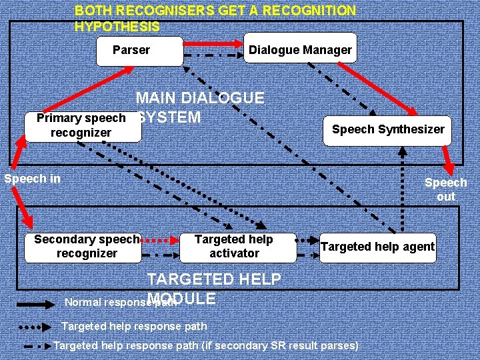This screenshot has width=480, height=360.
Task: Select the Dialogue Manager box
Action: coord(299,50)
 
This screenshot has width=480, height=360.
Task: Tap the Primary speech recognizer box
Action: coord(82,126)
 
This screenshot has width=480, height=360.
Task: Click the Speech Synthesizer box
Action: coord(388,129)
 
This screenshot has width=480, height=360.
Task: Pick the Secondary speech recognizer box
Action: coord(87,246)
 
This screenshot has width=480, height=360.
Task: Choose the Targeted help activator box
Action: coord(235,246)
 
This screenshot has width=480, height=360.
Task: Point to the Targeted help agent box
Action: coord(377,247)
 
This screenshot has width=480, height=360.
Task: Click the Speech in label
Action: coord(32,179)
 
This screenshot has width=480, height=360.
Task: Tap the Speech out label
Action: coord(445,189)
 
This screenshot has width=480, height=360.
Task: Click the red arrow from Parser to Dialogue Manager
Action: coord(213,43)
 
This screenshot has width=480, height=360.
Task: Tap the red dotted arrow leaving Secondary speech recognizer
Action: coord(159,239)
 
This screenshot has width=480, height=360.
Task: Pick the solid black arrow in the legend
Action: coord(35,303)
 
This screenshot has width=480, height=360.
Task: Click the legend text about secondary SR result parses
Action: coord(205,345)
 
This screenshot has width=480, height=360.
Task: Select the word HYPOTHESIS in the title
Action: coord(117,27)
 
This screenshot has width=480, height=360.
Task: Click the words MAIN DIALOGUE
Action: coord(200,98)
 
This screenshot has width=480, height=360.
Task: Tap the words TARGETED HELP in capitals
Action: coord(213,279)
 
